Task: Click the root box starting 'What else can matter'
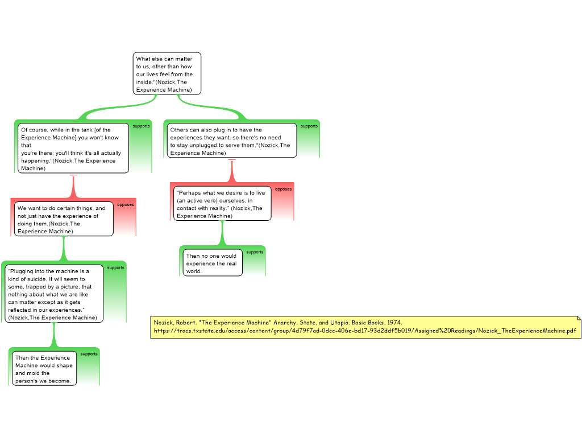[x=167, y=74]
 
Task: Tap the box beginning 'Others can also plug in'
[x=232, y=141]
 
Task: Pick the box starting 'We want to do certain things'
[x=64, y=220]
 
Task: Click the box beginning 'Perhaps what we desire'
[x=222, y=204]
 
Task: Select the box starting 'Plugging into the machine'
[x=54, y=294]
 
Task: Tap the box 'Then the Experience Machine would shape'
[x=44, y=369]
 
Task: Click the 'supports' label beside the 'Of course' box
[x=141, y=126]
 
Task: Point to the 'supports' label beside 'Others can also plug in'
[x=309, y=126]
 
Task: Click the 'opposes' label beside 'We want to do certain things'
[x=126, y=205]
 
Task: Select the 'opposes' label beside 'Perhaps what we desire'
[x=283, y=189]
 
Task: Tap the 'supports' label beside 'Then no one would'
[x=255, y=252]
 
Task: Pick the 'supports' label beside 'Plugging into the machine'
[x=115, y=267]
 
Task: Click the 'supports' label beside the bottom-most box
[x=89, y=354]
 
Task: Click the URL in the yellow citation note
[x=364, y=331]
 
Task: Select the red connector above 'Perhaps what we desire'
[x=231, y=170]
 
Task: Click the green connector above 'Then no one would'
[x=222, y=233]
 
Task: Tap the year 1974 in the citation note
[x=394, y=322]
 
